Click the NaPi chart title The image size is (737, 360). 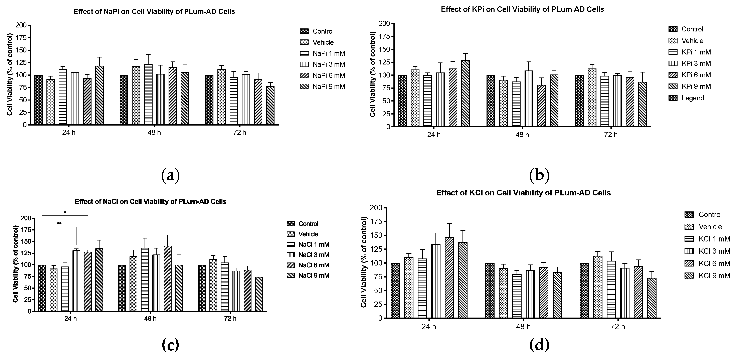pos(154,12)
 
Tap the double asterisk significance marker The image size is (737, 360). pos(59,223)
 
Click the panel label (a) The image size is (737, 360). pos(171,175)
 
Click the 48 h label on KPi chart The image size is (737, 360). pos(522,135)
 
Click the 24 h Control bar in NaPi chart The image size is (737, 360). pos(38,100)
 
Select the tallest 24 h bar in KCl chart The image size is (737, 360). pos(449,278)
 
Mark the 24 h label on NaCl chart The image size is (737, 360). pos(70,319)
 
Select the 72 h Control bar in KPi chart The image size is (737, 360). pos(579,101)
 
